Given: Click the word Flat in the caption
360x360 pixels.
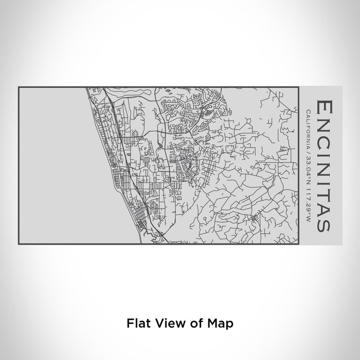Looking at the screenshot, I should (136, 323).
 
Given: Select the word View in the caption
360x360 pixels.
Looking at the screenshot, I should (165, 323).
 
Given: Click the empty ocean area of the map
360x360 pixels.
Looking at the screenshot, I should (51, 165).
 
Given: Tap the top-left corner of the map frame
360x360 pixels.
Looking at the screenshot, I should (20, 87).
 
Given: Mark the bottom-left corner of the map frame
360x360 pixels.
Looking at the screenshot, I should (20, 244).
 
